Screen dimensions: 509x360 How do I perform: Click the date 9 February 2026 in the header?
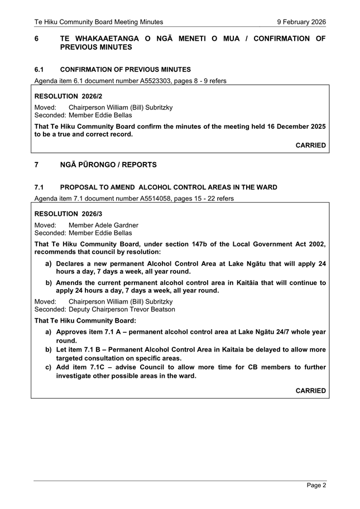(301, 22)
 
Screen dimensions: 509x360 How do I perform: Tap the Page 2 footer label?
(316, 485)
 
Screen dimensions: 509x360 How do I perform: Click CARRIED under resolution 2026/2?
(310, 145)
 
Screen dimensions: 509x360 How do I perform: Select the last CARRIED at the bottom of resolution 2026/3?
(310, 391)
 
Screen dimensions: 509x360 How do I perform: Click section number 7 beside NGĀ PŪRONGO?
(37, 165)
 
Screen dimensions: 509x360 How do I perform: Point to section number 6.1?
(39, 70)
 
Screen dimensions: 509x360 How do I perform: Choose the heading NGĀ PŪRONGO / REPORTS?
(108, 165)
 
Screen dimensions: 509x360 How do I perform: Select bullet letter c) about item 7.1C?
(49, 367)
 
